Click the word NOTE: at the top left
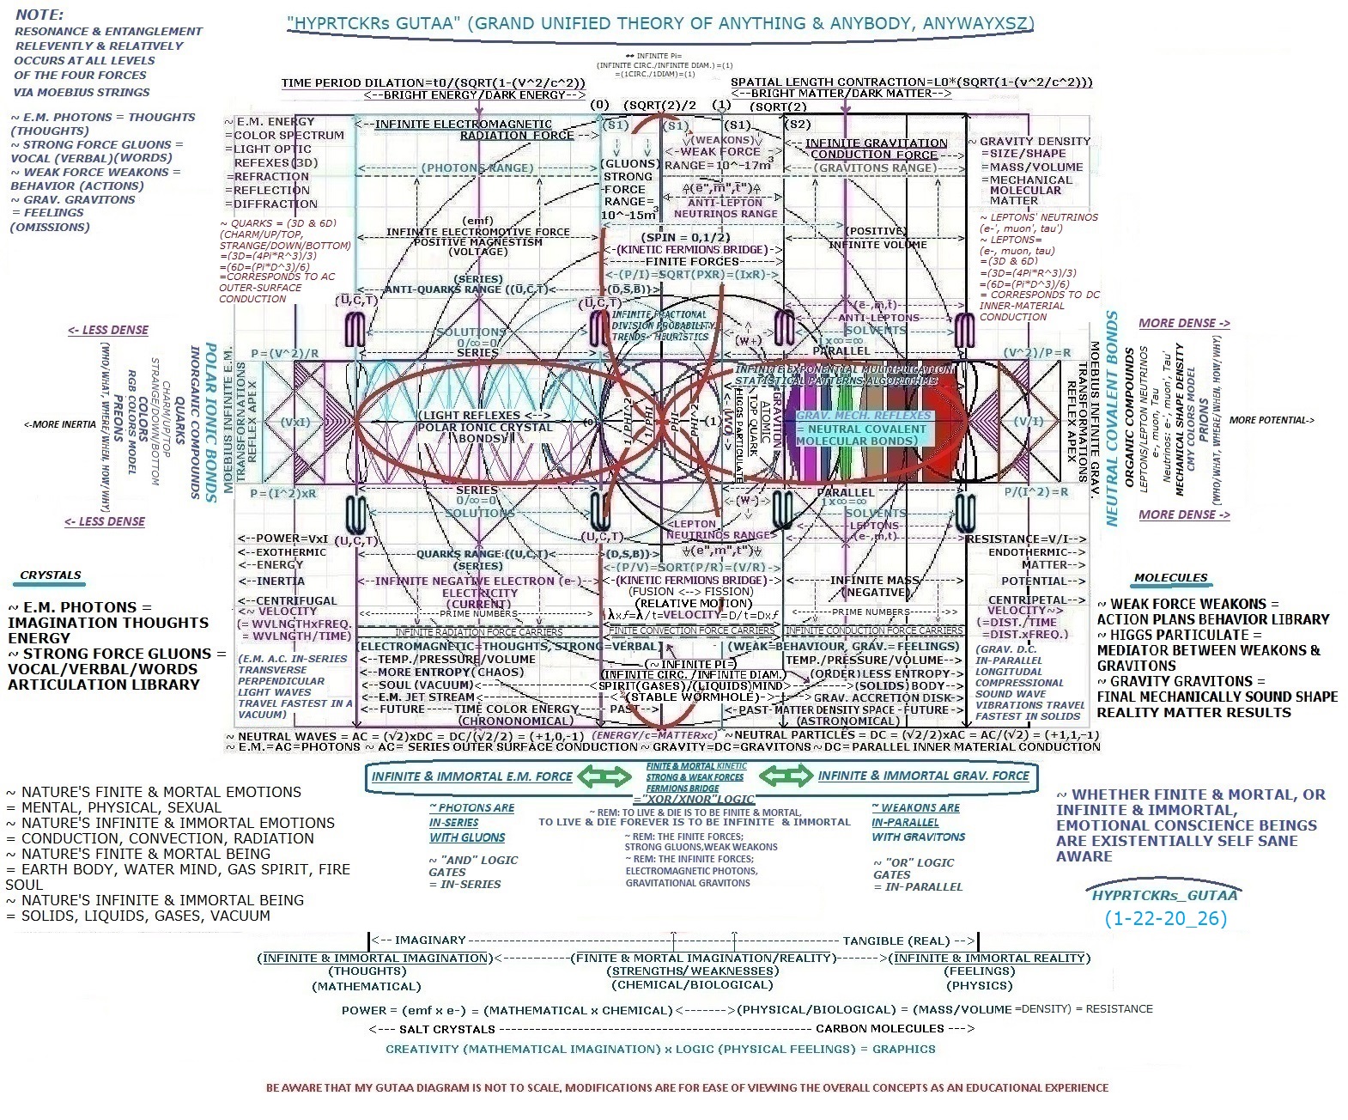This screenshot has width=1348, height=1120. point(39,15)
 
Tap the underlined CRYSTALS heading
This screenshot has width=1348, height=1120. point(51,575)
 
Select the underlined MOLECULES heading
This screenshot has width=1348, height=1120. point(1170,578)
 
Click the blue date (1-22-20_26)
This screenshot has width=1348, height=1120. point(1165,918)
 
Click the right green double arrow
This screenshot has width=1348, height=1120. point(786,776)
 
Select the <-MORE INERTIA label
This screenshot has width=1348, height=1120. point(60,424)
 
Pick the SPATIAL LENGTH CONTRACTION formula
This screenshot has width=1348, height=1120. point(911,82)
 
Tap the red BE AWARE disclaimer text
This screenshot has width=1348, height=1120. point(687,1087)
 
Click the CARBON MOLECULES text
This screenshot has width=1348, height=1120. point(880,1029)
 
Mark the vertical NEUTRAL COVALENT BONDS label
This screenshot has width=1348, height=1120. point(1112,418)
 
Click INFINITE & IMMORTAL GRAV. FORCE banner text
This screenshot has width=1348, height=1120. point(923,776)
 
